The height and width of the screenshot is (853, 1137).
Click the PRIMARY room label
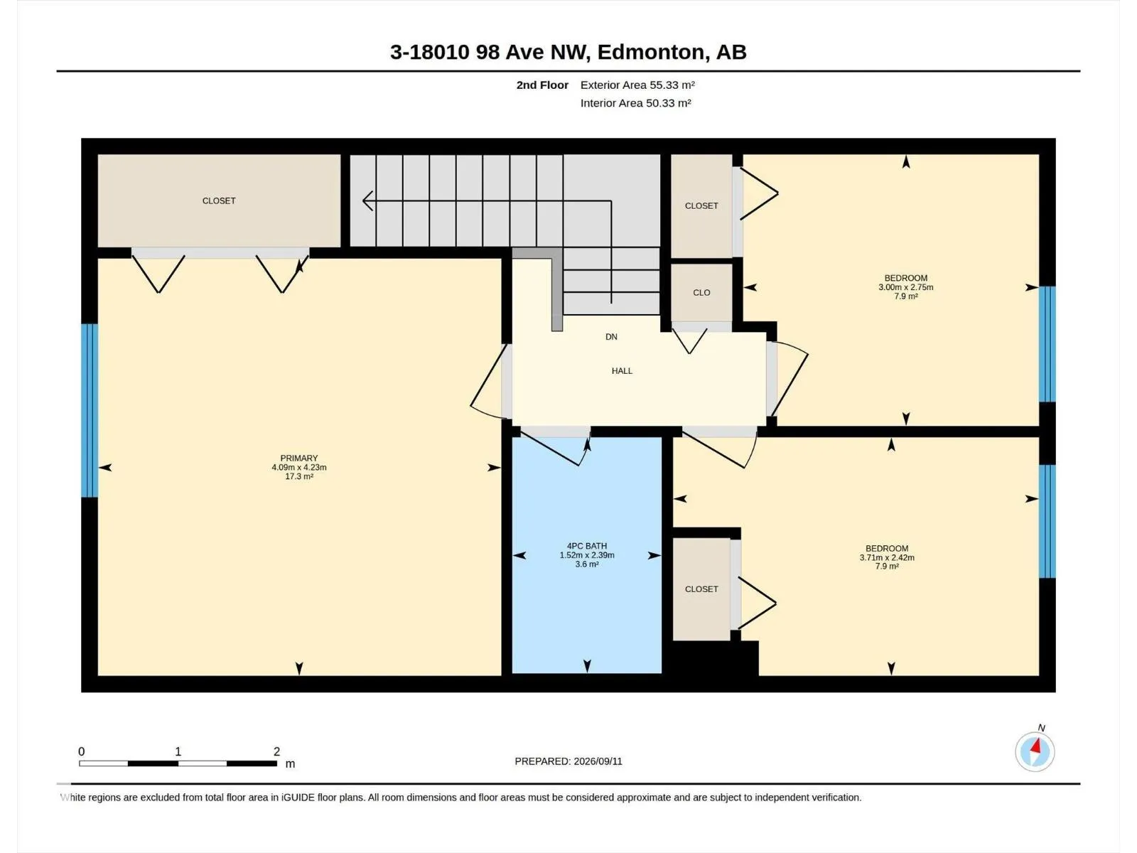click(x=299, y=458)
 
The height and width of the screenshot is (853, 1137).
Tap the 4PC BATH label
click(x=587, y=546)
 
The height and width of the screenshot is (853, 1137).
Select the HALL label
click(x=622, y=371)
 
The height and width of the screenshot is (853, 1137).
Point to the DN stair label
click(x=611, y=337)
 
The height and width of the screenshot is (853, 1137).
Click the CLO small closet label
click(x=701, y=293)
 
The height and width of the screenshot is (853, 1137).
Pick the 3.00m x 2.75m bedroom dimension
click(x=905, y=287)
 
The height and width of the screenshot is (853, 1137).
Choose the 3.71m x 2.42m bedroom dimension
click(x=887, y=558)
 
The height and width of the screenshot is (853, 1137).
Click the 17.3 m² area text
click(x=299, y=476)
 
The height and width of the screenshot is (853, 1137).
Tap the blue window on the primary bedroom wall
click(x=90, y=410)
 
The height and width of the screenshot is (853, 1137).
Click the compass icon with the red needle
click(x=1035, y=752)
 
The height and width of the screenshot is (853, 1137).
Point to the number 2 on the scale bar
click(x=276, y=751)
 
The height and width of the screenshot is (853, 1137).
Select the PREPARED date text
click(x=568, y=761)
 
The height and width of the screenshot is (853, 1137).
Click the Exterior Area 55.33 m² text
click(x=637, y=85)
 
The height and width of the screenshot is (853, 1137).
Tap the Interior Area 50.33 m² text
click(x=635, y=103)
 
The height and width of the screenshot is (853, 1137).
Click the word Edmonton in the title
click(x=651, y=53)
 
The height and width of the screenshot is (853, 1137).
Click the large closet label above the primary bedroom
click(x=219, y=201)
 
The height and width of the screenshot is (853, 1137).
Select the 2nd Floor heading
click(x=542, y=85)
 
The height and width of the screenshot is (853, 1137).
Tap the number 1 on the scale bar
click(x=178, y=751)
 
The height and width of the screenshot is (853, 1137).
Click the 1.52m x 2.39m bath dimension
click(x=587, y=555)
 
